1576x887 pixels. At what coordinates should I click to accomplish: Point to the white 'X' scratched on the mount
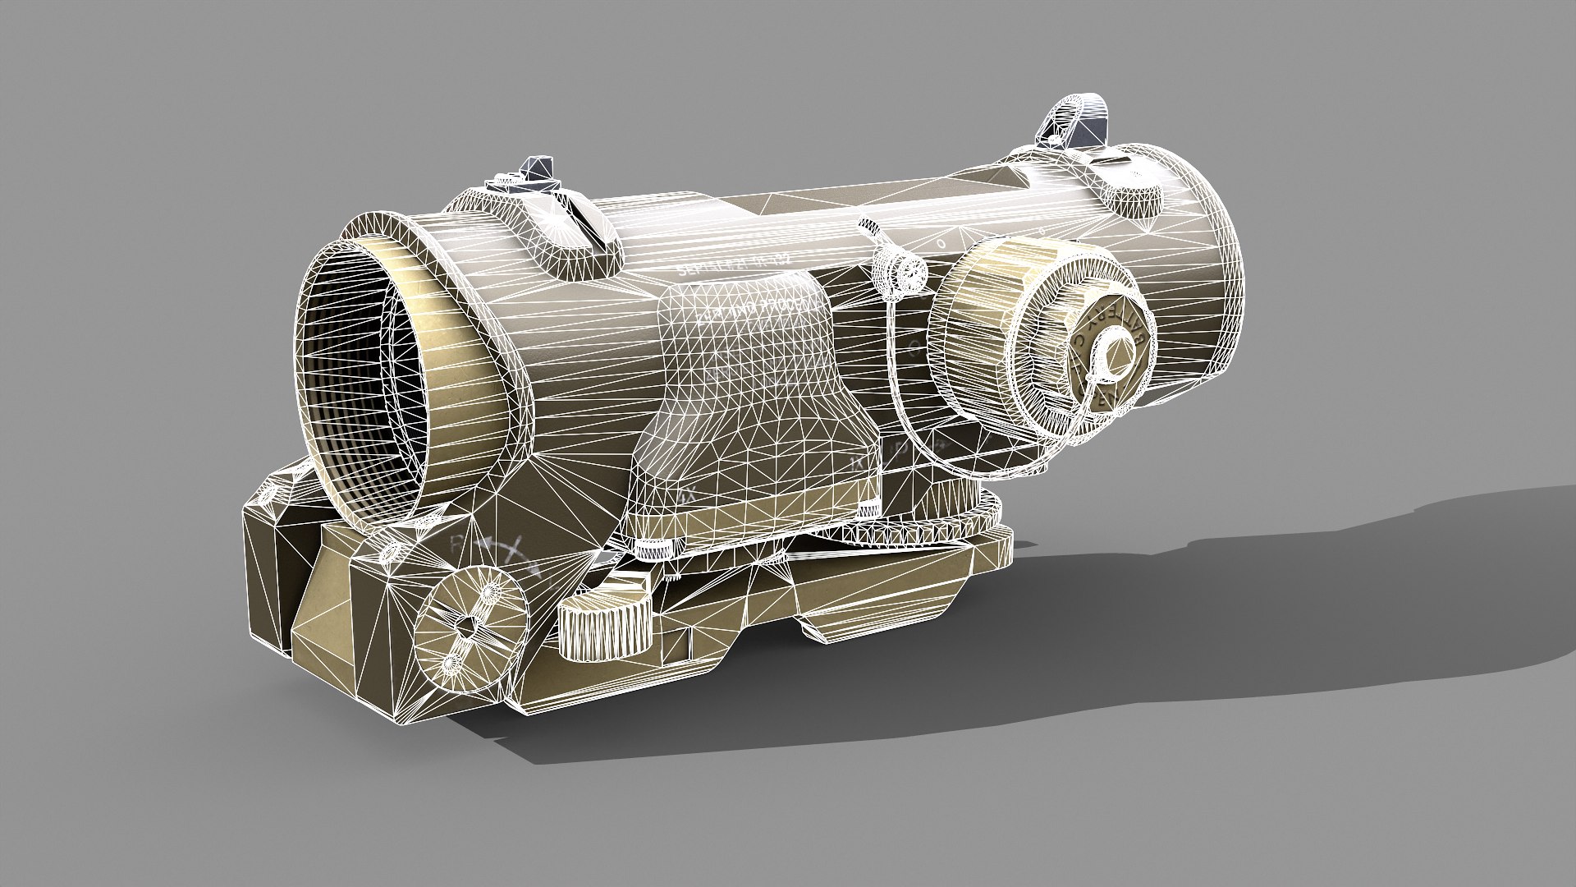tap(508, 549)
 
